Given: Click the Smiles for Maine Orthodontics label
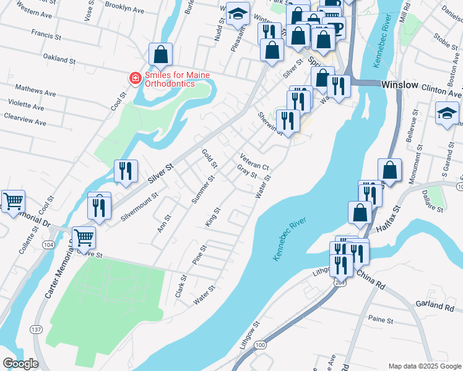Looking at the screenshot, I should (177, 79).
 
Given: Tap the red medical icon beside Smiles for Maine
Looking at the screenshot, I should (134, 78).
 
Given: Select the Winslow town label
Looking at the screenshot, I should (400, 85).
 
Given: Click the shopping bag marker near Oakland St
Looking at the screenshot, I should (160, 56).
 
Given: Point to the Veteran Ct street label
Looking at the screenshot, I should (254, 162).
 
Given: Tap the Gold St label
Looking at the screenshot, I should (210, 158).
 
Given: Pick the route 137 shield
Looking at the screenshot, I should (36, 330).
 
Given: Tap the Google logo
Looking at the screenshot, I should (20, 364).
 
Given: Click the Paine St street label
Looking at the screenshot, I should (381, 320).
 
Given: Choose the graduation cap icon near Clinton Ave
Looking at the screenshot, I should (446, 114).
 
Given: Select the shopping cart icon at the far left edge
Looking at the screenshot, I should (13, 201).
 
